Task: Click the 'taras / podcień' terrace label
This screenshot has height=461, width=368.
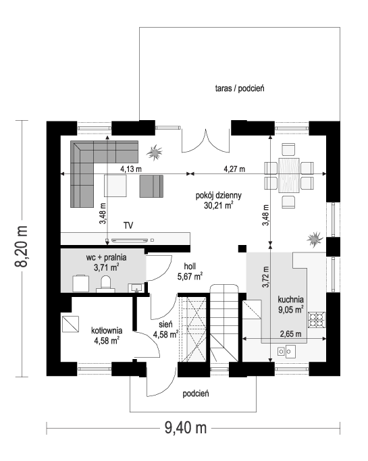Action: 240,88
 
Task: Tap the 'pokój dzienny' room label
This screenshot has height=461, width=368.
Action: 219,196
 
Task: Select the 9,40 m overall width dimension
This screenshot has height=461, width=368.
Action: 186,427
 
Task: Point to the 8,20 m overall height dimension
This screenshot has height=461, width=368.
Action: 22,246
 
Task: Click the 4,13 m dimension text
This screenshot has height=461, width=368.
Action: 131,169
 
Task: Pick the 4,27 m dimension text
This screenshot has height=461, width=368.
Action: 234,169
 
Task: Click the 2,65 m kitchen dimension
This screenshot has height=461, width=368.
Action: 290,334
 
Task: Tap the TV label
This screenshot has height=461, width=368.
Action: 128,225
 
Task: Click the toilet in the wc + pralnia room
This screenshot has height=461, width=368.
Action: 105,284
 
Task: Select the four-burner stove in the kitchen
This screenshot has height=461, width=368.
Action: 317,319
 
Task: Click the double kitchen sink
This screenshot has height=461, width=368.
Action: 286,352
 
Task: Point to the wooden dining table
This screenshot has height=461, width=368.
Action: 289,175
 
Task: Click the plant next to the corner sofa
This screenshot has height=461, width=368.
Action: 155,153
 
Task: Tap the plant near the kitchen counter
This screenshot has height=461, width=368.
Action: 315,240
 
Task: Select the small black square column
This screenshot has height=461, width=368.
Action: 242,249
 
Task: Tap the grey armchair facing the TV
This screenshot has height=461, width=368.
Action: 151,186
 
